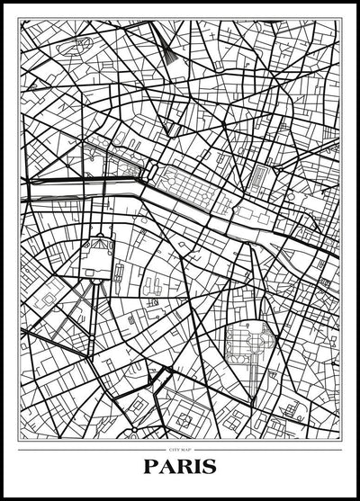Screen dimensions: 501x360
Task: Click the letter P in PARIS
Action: (151, 468)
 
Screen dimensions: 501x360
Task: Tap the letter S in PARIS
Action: (210, 468)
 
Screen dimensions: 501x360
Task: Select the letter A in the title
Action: (166, 468)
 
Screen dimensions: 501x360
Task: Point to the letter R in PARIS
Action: (182, 468)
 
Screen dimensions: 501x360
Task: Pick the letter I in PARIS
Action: (196, 468)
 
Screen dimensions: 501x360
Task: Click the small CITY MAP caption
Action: (180, 447)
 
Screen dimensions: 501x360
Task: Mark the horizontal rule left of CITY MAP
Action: (90, 447)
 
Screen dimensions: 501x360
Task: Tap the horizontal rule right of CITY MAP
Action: (270, 447)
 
